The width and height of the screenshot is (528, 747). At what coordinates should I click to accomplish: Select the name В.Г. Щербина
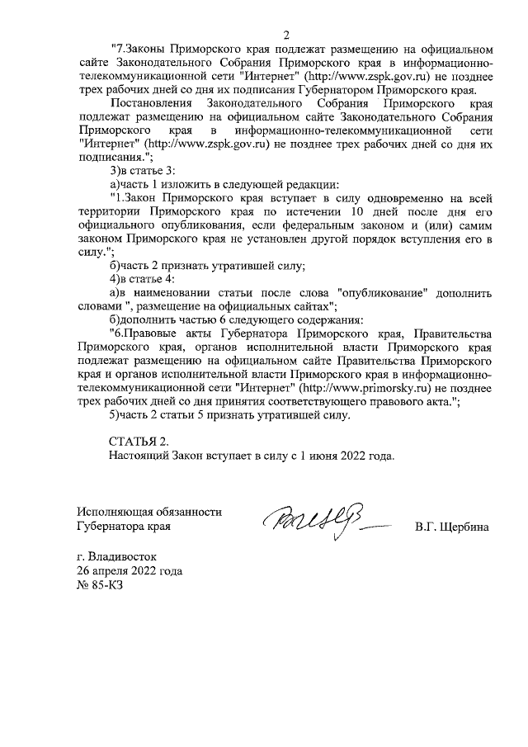(x=452, y=526)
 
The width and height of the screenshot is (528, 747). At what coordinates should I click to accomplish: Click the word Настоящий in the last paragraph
(x=138, y=455)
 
